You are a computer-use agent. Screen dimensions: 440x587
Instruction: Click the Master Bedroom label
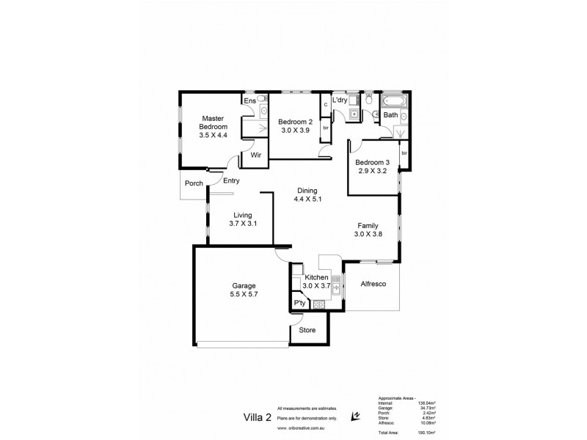coord(214,119)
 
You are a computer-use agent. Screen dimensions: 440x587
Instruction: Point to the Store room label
coord(308,330)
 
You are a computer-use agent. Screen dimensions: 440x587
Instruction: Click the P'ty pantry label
coord(299,303)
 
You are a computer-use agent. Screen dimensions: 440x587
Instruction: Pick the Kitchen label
coord(316,277)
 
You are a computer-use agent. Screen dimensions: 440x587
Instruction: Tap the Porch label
coord(194,183)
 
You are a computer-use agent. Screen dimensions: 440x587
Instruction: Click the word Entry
coord(231,180)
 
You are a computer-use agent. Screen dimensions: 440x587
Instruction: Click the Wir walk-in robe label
coord(256,155)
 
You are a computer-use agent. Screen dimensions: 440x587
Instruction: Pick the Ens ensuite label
coord(249,100)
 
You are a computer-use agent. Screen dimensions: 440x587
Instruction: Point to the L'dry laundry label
coord(339,100)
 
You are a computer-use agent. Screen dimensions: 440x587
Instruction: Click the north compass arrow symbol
coord(356,416)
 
